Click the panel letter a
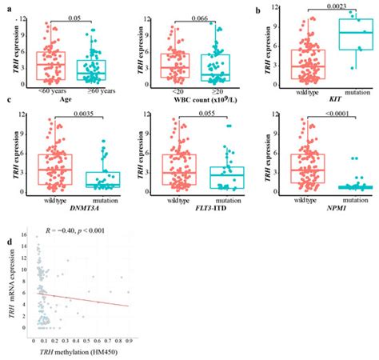click(6, 7)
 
